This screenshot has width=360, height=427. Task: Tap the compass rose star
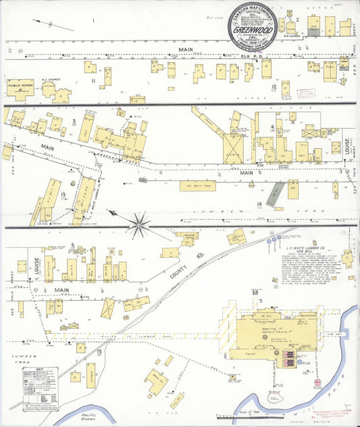click(139, 224)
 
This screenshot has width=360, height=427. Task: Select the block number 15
click(99, 351)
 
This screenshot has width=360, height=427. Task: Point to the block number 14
click(259, 203)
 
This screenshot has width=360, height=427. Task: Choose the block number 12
click(274, 86)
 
